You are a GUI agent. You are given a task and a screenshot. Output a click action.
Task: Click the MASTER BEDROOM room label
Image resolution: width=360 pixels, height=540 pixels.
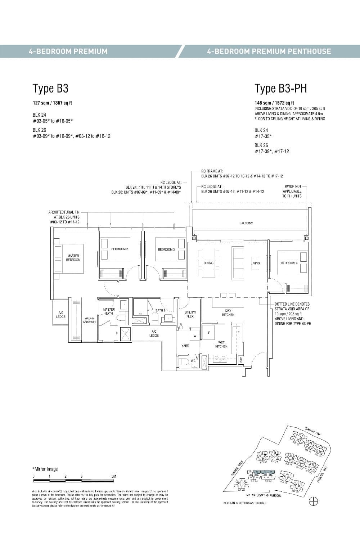tap(73, 258)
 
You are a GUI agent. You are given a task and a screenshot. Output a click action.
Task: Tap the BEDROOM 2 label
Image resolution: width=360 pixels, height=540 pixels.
tap(120, 249)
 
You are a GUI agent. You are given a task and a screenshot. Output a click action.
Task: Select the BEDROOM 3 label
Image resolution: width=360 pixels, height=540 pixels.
tap(166, 249)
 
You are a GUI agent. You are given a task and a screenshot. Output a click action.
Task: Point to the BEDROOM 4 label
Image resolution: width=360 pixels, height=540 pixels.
tap(289, 263)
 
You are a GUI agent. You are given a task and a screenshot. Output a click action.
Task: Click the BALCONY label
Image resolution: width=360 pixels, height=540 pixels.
tap(246, 223)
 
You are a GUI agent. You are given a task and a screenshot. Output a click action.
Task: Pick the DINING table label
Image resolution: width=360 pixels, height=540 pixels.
tap(208, 263)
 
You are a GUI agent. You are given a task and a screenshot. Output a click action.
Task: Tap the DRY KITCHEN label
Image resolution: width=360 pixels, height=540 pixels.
tap(228, 312)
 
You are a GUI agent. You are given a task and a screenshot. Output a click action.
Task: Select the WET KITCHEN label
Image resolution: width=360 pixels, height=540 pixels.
tap(221, 344)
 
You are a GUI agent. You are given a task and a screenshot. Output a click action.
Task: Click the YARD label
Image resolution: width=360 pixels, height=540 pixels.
tap(185, 346)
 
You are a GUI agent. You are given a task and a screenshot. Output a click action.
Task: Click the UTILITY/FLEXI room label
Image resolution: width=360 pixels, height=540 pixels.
tap(190, 314)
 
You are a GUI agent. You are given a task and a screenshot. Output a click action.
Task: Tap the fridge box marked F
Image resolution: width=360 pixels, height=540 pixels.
tap(209, 333)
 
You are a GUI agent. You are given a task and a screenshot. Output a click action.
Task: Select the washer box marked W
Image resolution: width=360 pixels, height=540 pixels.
tap(195, 336)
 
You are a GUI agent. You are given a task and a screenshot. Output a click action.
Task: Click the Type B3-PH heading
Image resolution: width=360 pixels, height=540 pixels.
tap(281, 88)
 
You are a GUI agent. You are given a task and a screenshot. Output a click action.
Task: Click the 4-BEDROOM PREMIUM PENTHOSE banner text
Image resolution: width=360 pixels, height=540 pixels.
tap(269, 51)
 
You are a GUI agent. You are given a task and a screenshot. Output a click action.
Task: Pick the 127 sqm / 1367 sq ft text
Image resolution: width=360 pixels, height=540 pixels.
tap(52, 103)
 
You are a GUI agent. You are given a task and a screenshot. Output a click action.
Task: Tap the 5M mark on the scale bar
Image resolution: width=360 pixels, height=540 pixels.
tap(114, 476)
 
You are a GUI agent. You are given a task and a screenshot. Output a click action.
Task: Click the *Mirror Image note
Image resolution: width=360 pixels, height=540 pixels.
tap(45, 469)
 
